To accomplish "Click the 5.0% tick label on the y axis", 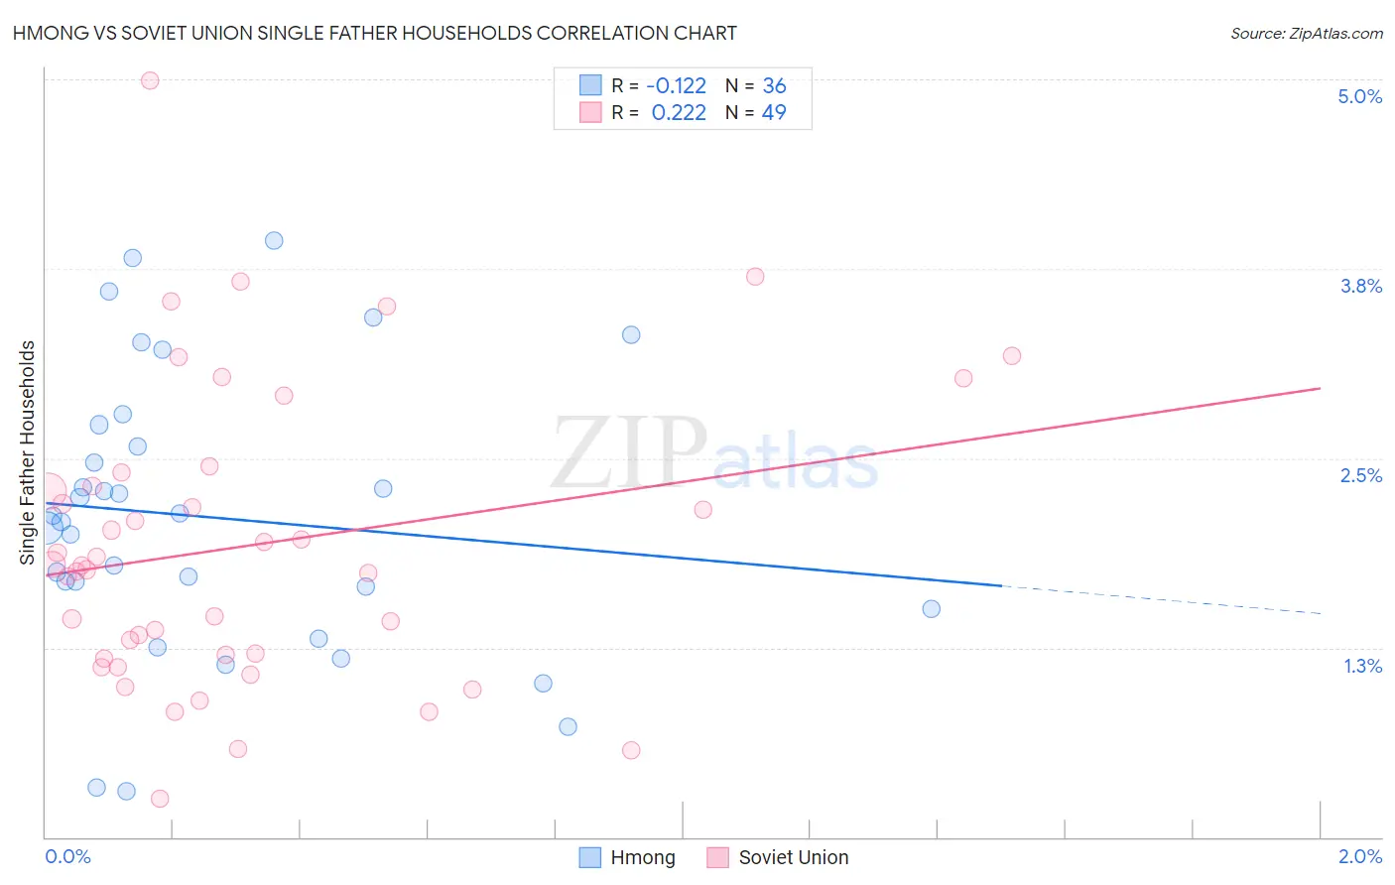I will click(x=1359, y=96).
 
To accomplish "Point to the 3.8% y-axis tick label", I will click(x=1360, y=286).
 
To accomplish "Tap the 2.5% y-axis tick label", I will click(x=1360, y=475).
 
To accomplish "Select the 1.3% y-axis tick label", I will click(x=1362, y=666).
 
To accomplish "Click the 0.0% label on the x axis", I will click(x=67, y=856).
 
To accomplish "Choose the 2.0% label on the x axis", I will click(x=1359, y=856).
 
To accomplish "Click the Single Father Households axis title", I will click(x=28, y=452).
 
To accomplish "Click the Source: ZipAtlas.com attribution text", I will click(x=1306, y=33).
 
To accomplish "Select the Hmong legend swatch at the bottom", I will click(x=590, y=857).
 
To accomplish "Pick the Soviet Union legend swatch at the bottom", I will click(x=718, y=857).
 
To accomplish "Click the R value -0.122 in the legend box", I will click(x=676, y=86).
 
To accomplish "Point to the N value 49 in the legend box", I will click(x=774, y=112).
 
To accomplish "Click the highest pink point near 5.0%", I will click(x=150, y=80).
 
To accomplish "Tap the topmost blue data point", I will click(x=274, y=240).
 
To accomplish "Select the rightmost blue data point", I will click(x=931, y=608).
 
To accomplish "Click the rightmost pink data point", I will click(x=1011, y=355).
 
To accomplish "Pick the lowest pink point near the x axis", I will click(x=160, y=799).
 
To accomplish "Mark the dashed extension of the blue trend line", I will click(x=1161, y=599).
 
